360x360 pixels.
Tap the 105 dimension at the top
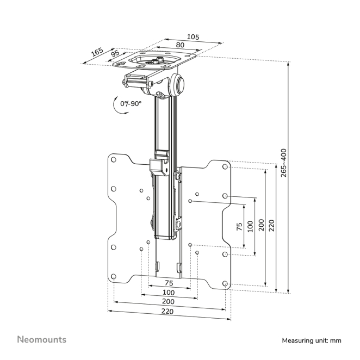pyautogui.click(x=193, y=37)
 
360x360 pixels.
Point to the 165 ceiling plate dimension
pyautogui.click(x=97, y=52)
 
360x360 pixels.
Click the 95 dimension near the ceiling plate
pyautogui.click(x=115, y=54)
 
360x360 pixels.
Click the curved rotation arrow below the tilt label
pyautogui.click(x=118, y=107)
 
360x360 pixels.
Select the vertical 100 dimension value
pyautogui.click(x=250, y=226)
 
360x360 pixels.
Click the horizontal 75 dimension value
pyautogui.click(x=169, y=283)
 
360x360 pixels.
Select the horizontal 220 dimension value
pyautogui.click(x=168, y=312)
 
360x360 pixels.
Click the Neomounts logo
pyautogui.click(x=41, y=339)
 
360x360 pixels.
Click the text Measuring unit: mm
pyautogui.click(x=311, y=340)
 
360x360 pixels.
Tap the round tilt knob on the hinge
pyautogui.click(x=179, y=85)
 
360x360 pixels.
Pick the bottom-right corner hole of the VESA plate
pyautogui.click(x=225, y=283)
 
